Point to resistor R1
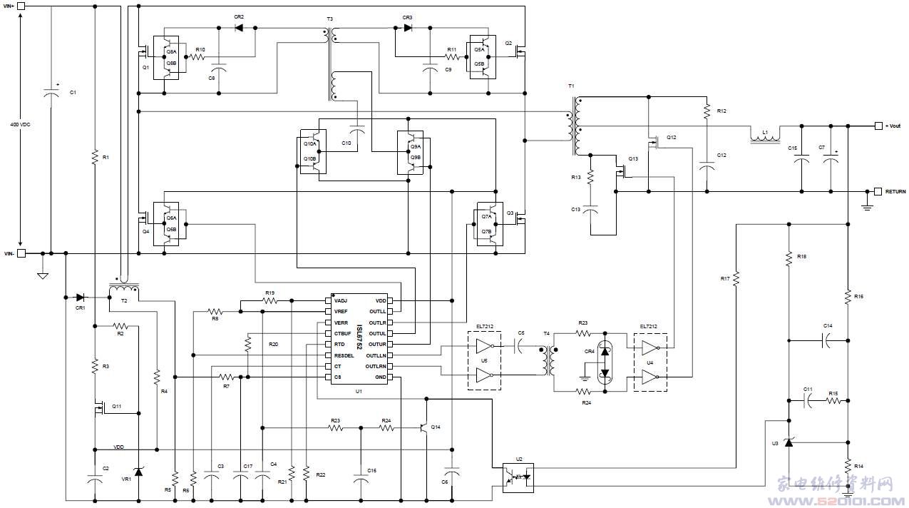click(x=94, y=156)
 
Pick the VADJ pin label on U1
click(x=341, y=301)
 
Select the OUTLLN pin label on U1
click(x=376, y=355)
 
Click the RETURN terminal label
click(x=895, y=192)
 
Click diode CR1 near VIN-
click(x=80, y=297)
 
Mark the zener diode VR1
click(x=138, y=470)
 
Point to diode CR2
click(x=238, y=28)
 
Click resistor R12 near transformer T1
click(x=707, y=111)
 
